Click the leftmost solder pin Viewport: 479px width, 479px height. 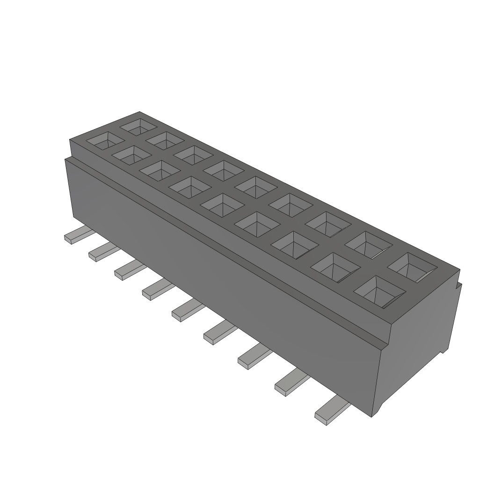pyautogui.click(x=75, y=235)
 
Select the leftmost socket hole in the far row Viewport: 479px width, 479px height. pyautogui.click(x=139, y=126)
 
